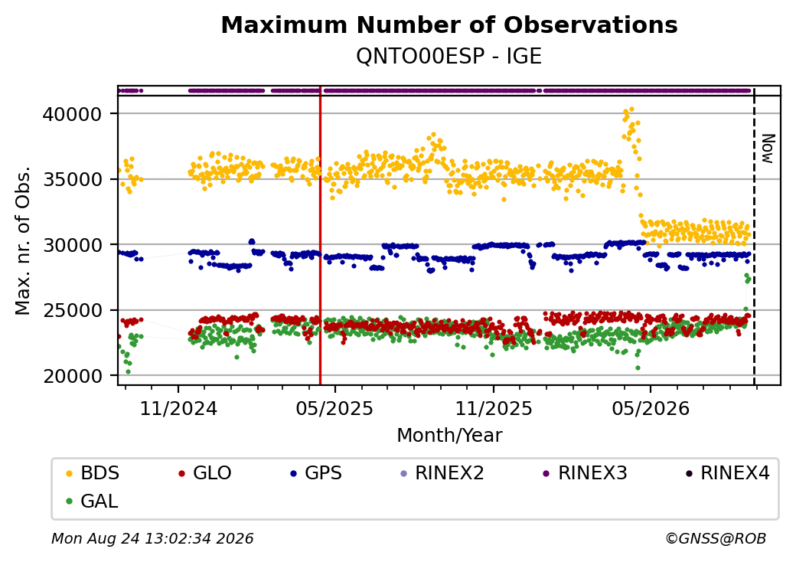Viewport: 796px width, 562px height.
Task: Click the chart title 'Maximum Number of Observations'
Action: coord(449,25)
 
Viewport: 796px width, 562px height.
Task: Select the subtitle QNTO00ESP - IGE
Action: coord(449,57)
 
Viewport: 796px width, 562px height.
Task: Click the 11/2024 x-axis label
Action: coord(178,409)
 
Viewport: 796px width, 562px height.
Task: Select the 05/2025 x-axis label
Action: coord(334,409)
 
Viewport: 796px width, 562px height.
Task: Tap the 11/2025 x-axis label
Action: coord(494,409)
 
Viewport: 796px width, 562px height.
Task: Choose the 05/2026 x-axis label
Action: coord(651,409)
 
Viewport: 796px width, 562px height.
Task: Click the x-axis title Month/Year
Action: coord(449,436)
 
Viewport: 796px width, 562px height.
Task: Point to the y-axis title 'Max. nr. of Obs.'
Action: coord(23,240)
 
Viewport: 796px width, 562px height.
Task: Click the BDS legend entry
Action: coord(93,473)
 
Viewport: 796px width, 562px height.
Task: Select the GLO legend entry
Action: coord(204,473)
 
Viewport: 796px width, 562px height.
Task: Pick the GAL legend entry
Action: coord(93,502)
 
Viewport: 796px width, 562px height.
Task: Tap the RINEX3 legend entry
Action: coord(585,473)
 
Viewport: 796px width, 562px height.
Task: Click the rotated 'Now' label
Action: coord(768,149)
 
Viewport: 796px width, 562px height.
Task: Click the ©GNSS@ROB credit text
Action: coord(716,538)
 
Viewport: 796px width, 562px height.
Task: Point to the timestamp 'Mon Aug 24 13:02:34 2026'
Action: coord(152,538)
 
